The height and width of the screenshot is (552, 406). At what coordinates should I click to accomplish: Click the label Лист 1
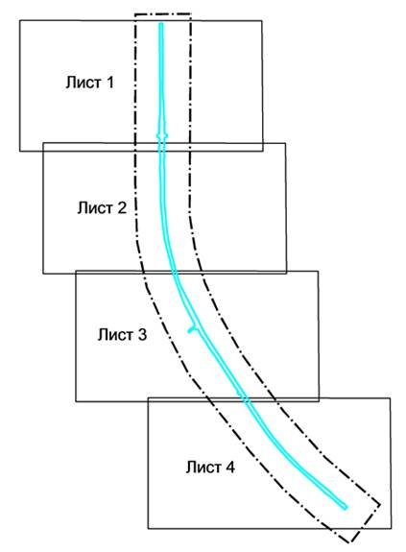click(x=89, y=83)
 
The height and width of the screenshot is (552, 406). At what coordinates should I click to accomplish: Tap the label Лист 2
click(x=102, y=207)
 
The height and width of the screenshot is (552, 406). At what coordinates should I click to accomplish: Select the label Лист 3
click(x=122, y=334)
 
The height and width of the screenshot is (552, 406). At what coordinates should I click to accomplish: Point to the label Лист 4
click(x=210, y=468)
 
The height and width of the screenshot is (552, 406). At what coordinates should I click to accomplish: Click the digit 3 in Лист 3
click(x=142, y=334)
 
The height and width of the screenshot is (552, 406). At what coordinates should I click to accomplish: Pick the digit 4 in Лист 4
click(x=229, y=468)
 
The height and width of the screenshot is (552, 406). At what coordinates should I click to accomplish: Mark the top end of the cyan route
click(x=161, y=24)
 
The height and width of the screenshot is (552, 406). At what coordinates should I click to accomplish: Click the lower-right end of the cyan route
click(x=346, y=508)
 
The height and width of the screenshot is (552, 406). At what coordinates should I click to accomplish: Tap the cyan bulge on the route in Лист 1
click(x=162, y=135)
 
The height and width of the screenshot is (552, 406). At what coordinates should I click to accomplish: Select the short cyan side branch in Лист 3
click(x=192, y=329)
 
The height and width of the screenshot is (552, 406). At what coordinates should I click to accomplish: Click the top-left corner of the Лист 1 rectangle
click(x=20, y=21)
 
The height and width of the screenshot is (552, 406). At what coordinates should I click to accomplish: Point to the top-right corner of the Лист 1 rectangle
click(x=261, y=21)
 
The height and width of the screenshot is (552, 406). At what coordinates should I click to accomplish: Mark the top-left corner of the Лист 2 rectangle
click(x=43, y=143)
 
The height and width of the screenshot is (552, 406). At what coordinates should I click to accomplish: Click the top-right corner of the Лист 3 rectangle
click(x=318, y=271)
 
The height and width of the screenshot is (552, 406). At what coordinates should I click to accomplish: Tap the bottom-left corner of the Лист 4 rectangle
click(x=148, y=528)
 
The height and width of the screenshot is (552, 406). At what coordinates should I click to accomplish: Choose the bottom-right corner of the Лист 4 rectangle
click(x=391, y=528)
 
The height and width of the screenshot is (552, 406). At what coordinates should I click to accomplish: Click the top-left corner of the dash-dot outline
click(x=135, y=14)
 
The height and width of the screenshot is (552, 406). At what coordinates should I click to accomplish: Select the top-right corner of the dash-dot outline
click(x=190, y=14)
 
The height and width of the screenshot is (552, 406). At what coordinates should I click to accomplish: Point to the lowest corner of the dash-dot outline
click(x=350, y=542)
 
